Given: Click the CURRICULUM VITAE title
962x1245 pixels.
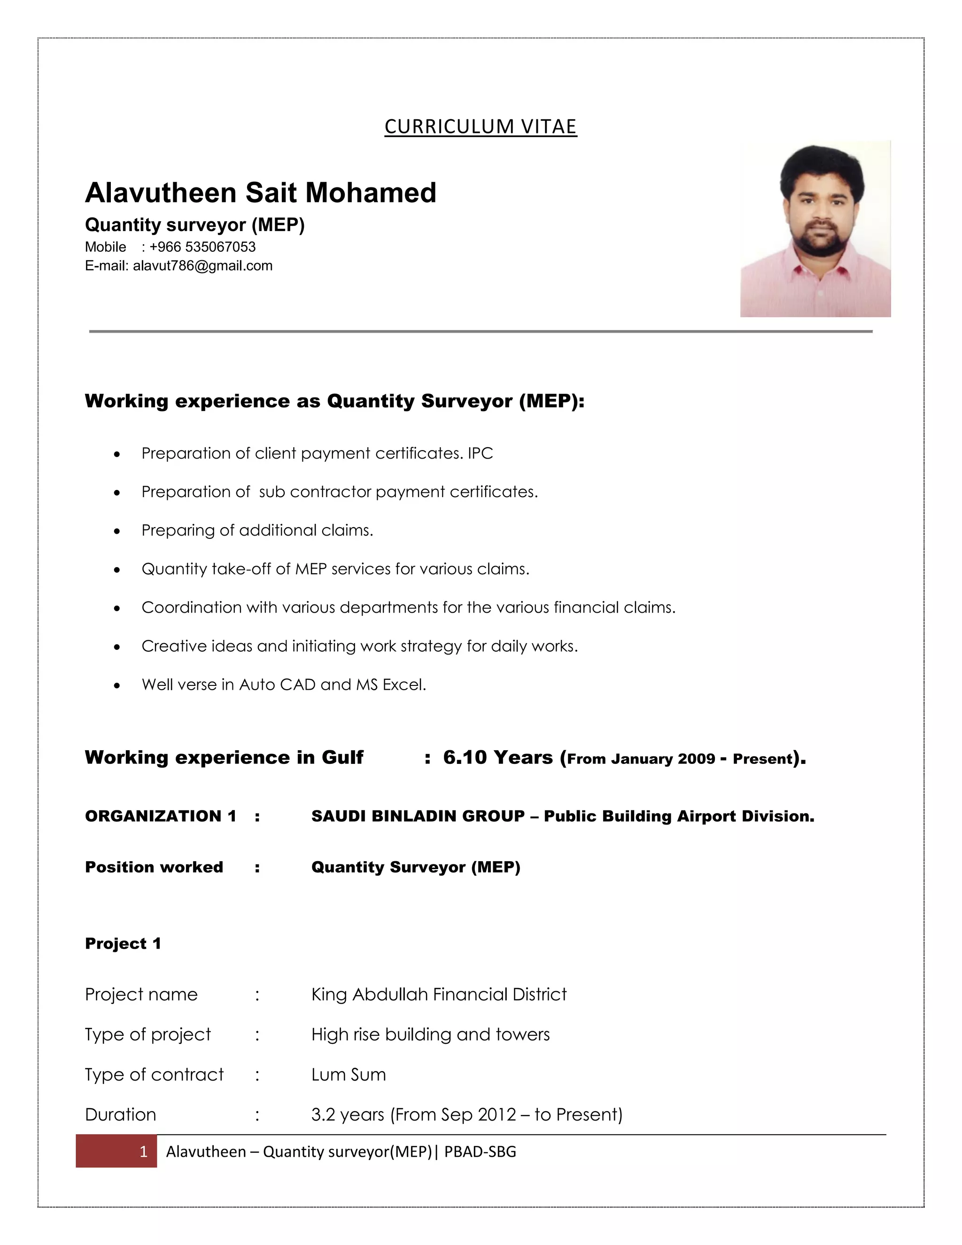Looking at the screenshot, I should tap(481, 126).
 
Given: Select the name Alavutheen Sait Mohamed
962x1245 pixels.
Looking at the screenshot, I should tap(260, 193).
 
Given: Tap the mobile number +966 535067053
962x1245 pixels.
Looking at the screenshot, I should tap(202, 247).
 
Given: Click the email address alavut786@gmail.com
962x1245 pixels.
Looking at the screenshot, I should tap(202, 265).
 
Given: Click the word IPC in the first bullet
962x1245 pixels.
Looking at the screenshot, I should tap(480, 453).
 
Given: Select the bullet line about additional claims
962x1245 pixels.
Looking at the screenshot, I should tap(257, 530).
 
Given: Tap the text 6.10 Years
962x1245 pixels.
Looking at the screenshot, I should tap(497, 757).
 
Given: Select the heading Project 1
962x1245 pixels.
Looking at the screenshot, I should tap(123, 943).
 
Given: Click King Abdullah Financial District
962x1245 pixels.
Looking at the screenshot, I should tap(439, 994).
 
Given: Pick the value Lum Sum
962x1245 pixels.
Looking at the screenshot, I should tap(348, 1074).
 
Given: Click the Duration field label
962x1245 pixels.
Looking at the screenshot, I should tap(120, 1114).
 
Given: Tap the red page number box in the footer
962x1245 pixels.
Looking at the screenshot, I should tap(116, 1151).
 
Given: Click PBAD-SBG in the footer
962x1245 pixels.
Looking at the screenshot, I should tap(480, 1152).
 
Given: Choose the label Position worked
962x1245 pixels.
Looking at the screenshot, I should tap(154, 867).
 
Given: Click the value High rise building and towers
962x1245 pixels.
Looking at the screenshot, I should tap(430, 1034).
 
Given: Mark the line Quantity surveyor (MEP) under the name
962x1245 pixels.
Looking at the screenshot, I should tap(194, 225).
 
